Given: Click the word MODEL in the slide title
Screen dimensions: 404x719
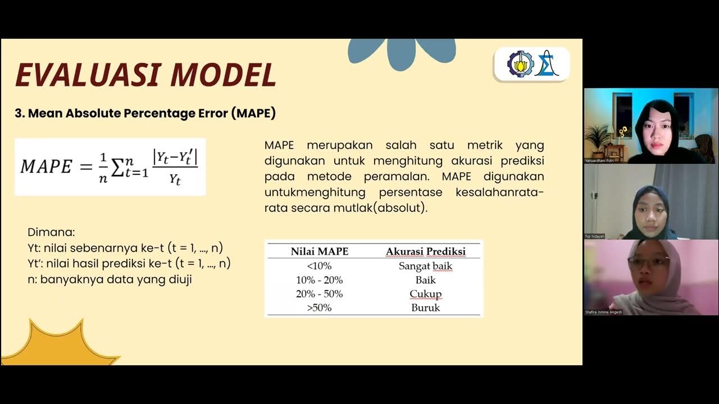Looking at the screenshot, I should pyautogui.click(x=224, y=75).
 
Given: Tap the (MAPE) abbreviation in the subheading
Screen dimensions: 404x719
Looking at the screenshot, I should pyautogui.click(x=253, y=113).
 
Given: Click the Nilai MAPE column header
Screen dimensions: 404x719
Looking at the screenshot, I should pyautogui.click(x=319, y=251).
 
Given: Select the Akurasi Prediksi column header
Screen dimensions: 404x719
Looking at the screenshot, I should pyautogui.click(x=425, y=251).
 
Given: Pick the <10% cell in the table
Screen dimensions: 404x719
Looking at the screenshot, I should pyautogui.click(x=319, y=266).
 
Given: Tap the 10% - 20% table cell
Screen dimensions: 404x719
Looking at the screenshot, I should pyautogui.click(x=319, y=280).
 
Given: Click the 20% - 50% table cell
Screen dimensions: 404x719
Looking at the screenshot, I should pyautogui.click(x=319, y=294).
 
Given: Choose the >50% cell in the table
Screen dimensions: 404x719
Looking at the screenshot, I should pyautogui.click(x=319, y=307).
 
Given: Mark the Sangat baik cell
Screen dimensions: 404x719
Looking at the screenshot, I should pyautogui.click(x=425, y=266).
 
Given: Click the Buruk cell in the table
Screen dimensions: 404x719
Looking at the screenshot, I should pyautogui.click(x=425, y=307).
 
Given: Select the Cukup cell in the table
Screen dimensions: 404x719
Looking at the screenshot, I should pyautogui.click(x=425, y=294).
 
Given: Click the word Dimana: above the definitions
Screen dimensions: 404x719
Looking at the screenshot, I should pyautogui.click(x=51, y=232).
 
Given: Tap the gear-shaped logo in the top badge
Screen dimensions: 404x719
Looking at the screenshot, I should pyautogui.click(x=520, y=64).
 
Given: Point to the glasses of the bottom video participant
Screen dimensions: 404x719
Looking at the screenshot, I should pyautogui.click(x=648, y=261).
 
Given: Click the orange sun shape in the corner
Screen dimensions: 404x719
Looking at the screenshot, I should pyautogui.click(x=56, y=345).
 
